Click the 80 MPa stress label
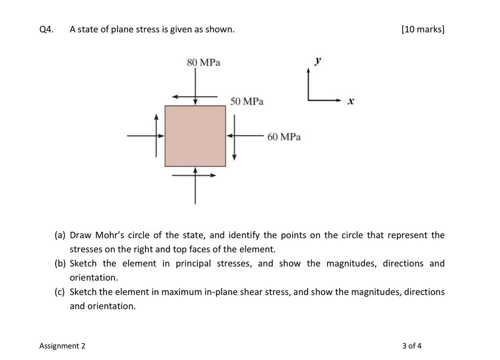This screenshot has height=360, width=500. coord(203,62)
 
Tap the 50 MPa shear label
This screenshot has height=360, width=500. coord(246,101)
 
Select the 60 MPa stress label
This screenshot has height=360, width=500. coord(284,137)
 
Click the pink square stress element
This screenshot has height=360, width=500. coord(195,136)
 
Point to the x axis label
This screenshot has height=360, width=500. coord(351,101)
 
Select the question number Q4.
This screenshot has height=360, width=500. coord(46,30)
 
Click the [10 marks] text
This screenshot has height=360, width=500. coord(423,30)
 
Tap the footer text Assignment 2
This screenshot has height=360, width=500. coord(62,346)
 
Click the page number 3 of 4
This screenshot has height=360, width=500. coord(412,346)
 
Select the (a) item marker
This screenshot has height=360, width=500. coord(60,235)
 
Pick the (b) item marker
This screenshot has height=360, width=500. coord(60,264)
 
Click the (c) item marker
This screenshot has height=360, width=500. coord(60,292)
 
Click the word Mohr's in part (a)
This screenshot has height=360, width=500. coord(110,235)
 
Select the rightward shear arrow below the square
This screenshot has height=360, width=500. coord(202,175)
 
